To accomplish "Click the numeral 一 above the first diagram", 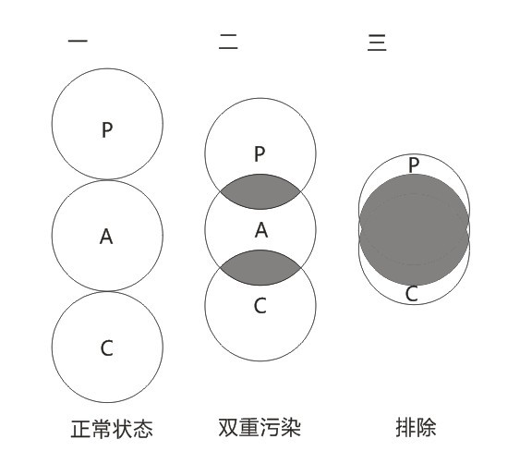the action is (x=78, y=42).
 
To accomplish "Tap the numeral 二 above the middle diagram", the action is (x=228, y=42).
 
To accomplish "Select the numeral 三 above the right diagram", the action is (x=377, y=43).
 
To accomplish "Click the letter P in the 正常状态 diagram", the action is (x=107, y=129).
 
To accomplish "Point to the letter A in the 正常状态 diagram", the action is (x=106, y=237).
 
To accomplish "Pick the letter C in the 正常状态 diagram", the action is (x=107, y=348).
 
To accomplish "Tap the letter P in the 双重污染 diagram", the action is (x=260, y=154).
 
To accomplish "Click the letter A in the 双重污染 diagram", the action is (x=261, y=230).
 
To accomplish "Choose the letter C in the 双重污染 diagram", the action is (x=260, y=306).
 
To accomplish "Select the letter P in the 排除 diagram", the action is (x=414, y=165).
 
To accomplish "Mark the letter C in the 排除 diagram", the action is (x=412, y=294).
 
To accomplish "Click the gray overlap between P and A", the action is (x=260, y=191).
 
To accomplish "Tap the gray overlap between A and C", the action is (x=260, y=267).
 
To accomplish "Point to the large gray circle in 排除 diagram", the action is (x=414, y=230).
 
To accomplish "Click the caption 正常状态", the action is (x=112, y=429).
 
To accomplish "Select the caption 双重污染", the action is (x=260, y=428).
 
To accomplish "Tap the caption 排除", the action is (x=416, y=427).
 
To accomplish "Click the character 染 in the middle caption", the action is (x=291, y=428).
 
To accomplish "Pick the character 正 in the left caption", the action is (x=80, y=429).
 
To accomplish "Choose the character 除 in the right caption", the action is (x=427, y=427).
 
